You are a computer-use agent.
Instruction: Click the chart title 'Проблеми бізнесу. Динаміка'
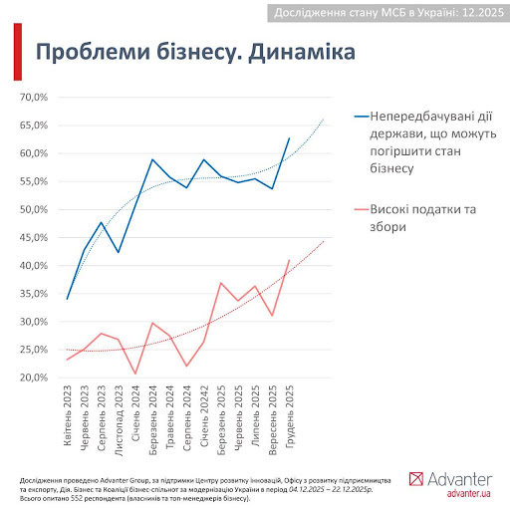tap(195, 52)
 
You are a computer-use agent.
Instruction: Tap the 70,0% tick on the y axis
tap(34, 98)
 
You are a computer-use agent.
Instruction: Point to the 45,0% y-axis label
tap(34, 238)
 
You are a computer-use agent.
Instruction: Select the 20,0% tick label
tap(34, 378)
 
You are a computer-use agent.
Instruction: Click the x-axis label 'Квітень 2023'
tap(68, 415)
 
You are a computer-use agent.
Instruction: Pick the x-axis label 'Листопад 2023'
tap(119, 420)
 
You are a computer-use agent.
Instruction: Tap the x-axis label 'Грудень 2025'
tap(290, 417)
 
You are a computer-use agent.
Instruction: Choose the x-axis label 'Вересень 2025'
tap(273, 420)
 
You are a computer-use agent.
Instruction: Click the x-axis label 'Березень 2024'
tap(152, 420)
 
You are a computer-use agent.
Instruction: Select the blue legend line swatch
tap(362, 117)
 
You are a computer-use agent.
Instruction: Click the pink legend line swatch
tap(362, 209)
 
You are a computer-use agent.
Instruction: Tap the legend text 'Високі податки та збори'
tap(423, 218)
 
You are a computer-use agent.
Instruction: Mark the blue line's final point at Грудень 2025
tap(290, 138)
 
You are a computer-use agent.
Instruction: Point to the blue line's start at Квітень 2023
tap(67, 299)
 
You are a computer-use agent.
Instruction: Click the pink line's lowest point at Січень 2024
tap(135, 374)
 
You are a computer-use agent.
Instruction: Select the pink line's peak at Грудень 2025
tap(290, 260)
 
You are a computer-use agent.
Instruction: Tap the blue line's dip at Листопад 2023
tap(119, 252)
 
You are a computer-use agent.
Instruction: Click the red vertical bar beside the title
tap(18, 52)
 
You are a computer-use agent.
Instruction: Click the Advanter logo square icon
tap(416, 479)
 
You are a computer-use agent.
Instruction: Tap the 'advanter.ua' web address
tap(468, 493)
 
